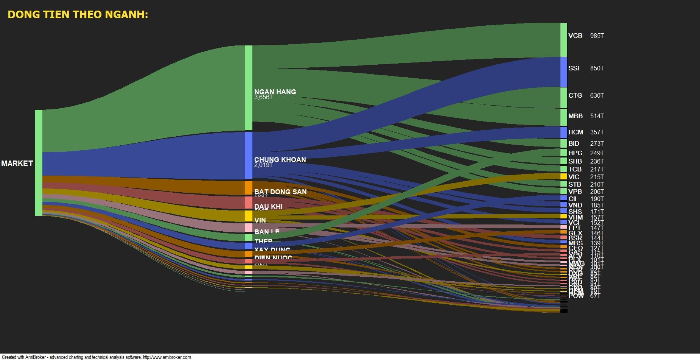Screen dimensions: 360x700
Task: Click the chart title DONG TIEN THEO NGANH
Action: [x=78, y=15]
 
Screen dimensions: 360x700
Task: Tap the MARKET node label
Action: [x=17, y=164]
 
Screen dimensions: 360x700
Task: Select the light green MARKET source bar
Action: [x=39, y=163]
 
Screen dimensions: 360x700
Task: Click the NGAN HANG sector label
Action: [x=275, y=92]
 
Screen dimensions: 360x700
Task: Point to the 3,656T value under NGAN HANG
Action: [x=263, y=97]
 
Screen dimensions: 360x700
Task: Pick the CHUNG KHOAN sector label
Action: [x=280, y=159]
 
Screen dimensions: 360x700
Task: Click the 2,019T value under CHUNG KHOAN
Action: [x=263, y=165]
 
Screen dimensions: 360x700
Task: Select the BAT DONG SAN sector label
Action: [x=280, y=192]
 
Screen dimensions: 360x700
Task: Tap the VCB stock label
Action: [x=575, y=36]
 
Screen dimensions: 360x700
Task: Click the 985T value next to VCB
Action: [x=597, y=36]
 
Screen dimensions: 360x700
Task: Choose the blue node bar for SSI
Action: [x=564, y=72]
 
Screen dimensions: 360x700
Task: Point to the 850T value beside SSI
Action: [x=597, y=69]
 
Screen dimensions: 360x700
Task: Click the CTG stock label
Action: [x=575, y=95]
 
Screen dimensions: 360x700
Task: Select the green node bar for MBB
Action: [x=564, y=117]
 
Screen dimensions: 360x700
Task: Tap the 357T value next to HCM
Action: [x=597, y=132]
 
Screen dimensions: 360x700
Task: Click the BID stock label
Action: [x=574, y=143]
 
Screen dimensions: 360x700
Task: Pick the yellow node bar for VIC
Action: [x=564, y=176]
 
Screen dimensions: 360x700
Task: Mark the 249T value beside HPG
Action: [x=597, y=153]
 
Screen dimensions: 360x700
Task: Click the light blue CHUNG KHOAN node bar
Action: [x=248, y=155]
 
